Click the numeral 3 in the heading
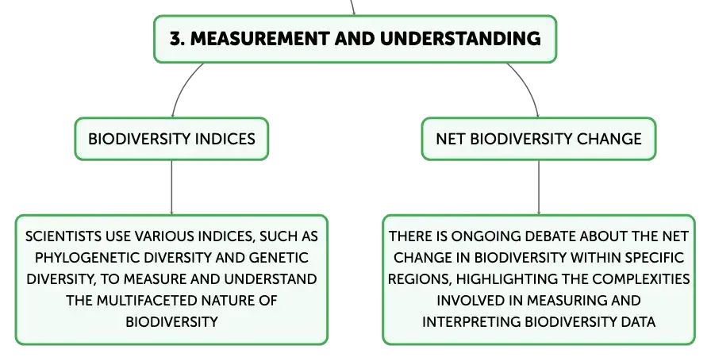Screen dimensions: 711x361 [x=176, y=39]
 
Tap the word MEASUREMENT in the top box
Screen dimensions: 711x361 [x=259, y=39]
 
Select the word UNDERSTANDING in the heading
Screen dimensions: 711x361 [x=460, y=39]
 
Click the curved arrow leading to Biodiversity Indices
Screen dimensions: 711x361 [x=185, y=87]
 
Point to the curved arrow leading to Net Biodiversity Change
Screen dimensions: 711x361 [x=527, y=87]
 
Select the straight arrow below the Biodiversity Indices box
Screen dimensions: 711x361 [x=172, y=187]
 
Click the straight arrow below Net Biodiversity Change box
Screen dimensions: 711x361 [x=539, y=187]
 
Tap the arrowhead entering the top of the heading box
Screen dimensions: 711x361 [x=354, y=13]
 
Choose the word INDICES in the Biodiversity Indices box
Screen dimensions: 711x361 [x=225, y=139]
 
